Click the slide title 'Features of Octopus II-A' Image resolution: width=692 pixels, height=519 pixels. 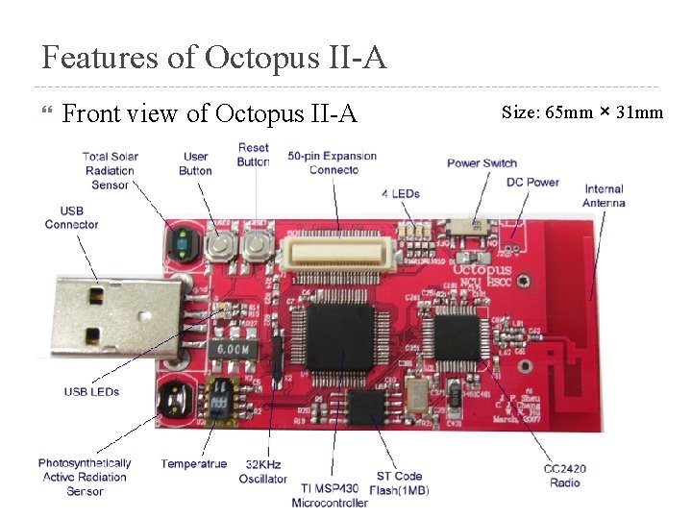coord(214,58)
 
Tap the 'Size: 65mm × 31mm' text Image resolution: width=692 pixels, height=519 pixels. coord(582,112)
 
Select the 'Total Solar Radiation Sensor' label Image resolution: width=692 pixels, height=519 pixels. coord(109,170)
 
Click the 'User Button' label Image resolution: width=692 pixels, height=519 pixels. coord(195,163)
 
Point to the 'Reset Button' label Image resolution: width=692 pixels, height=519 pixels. coord(253,155)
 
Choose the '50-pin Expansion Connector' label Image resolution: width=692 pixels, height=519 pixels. coord(333,162)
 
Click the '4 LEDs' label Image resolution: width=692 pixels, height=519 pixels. coord(400,193)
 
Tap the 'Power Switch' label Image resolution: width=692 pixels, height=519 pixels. coord(482,162)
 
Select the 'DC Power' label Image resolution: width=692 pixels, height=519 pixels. coord(532,182)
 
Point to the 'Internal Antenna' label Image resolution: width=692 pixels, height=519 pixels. coord(603,196)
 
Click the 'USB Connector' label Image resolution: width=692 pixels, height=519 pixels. coord(71,217)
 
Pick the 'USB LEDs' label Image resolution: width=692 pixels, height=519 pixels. coord(92,391)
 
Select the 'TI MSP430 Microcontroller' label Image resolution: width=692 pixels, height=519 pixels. coord(329,496)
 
